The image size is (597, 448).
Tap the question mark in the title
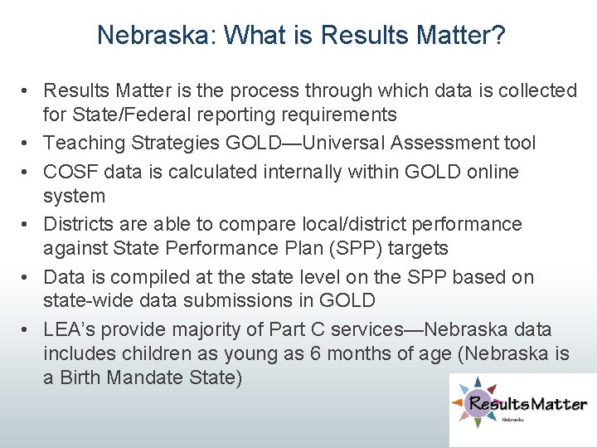(500, 35)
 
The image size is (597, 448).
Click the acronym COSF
(71, 172)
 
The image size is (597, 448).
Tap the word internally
(308, 172)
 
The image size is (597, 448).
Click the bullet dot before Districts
(27, 225)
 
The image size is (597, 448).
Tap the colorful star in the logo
(474, 405)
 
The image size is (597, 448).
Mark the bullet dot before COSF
(27, 173)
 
